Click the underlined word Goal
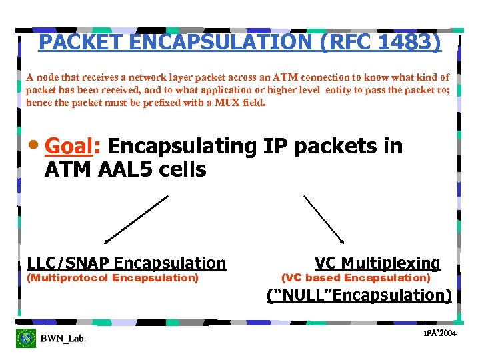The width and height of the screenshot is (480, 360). tap(69, 145)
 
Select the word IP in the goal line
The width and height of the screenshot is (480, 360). tap(273, 145)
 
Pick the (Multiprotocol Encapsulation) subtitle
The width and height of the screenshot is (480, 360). tap(113, 278)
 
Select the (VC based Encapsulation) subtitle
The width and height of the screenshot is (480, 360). tap(356, 278)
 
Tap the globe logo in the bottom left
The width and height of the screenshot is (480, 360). tap(26, 338)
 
